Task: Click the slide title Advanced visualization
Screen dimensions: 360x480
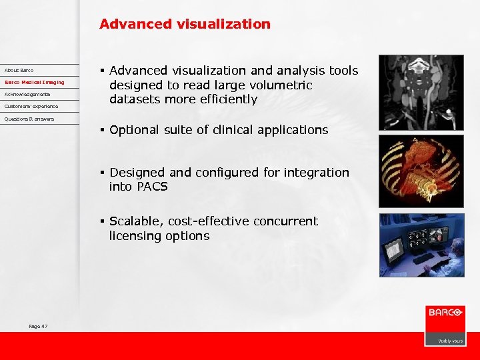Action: [x=185, y=25]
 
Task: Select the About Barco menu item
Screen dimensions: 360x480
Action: [x=19, y=70]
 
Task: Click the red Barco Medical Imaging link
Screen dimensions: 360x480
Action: [x=35, y=82]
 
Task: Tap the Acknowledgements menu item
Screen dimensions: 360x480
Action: [x=27, y=94]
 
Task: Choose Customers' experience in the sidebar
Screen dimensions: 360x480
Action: [x=31, y=106]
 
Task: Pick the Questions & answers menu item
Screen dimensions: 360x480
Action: [x=29, y=119]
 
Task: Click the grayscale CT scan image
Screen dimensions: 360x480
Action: [x=421, y=92]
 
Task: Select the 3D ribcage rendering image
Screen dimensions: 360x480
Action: [x=421, y=171]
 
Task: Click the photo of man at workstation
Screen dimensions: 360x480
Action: [x=421, y=245]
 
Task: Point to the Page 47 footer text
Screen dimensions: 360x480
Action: [x=38, y=326]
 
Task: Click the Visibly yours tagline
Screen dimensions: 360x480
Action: [x=450, y=341]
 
